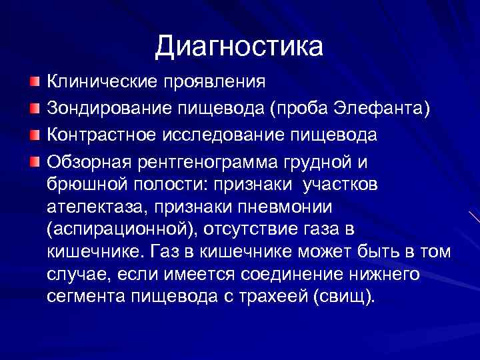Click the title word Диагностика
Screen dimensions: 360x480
[x=239, y=46]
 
